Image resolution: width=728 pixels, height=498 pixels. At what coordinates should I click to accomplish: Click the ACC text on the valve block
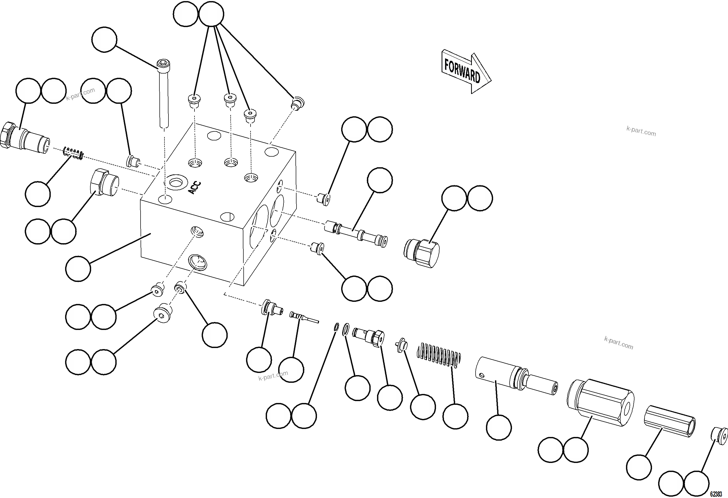(195, 188)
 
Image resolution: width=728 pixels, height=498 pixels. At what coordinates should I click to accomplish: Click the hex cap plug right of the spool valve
(421, 253)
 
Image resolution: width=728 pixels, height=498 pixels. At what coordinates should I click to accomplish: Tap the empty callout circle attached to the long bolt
(104, 40)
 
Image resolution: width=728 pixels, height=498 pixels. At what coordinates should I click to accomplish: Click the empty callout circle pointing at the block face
(78, 269)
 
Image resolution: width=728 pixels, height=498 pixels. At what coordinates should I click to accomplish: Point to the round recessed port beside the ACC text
(177, 182)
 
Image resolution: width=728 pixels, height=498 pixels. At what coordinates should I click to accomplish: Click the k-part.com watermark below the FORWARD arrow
(641, 131)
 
